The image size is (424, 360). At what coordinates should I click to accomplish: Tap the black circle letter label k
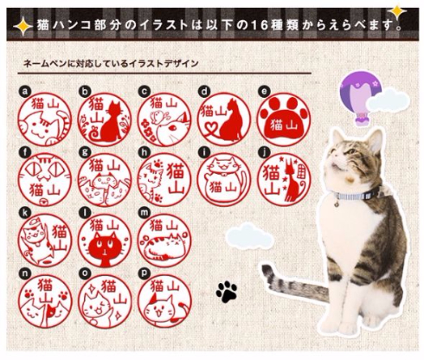coord(26,210)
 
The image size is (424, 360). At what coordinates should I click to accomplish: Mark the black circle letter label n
coord(26,270)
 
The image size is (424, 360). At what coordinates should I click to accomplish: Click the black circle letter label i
coord(204,151)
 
